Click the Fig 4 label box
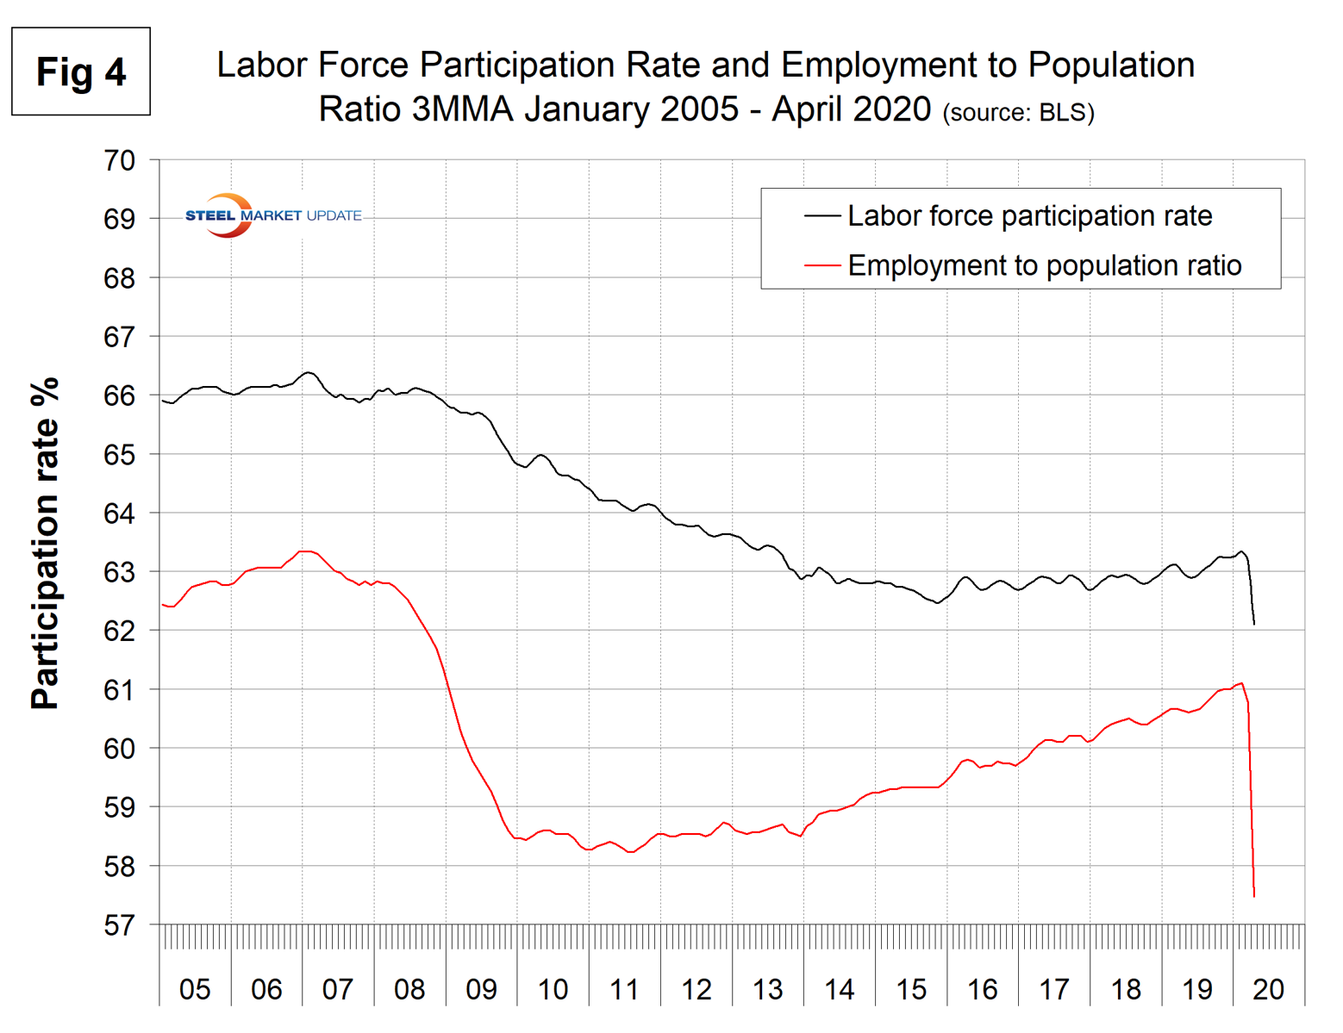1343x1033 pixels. pos(81,72)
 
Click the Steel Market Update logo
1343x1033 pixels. pos(273,215)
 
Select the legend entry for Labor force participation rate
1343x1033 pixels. pos(1029,215)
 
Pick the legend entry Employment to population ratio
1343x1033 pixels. pos(1044,265)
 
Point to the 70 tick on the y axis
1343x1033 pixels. pos(119,160)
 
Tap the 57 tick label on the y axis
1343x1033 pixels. pos(119,925)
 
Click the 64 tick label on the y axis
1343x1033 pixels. pos(119,513)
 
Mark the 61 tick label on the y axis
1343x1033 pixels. pos(119,690)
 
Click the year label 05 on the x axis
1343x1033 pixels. pos(195,989)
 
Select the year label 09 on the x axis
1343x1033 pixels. pos(481,989)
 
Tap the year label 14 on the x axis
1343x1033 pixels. pos(839,989)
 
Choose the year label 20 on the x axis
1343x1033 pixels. pos(1268,989)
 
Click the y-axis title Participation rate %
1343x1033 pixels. pos(45,543)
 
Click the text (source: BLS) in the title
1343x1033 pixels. pos(1018,113)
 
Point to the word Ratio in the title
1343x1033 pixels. pos(359,109)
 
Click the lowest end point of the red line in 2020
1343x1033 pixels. pos(1253,897)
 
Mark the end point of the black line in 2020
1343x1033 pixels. pos(1253,624)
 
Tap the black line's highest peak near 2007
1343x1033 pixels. pos(308,372)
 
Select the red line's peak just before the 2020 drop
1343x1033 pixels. pos(1241,683)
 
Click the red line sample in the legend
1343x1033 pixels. pos(821,265)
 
